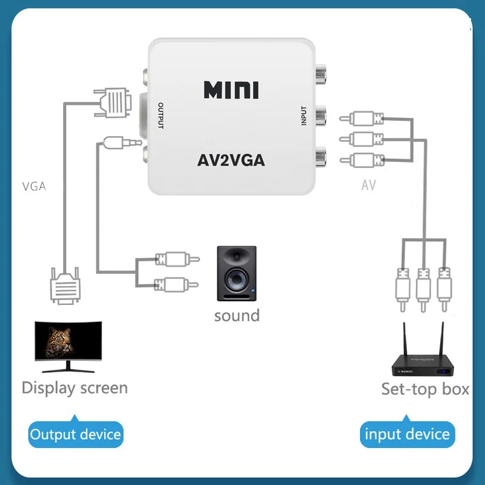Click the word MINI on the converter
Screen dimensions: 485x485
(231, 90)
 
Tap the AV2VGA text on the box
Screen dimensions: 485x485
(231, 161)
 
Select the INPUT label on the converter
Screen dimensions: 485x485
(304, 116)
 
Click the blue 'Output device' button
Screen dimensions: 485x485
(76, 434)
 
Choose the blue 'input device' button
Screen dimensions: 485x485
(407, 434)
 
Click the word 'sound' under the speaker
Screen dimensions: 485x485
(236, 315)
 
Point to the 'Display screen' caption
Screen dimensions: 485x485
(75, 388)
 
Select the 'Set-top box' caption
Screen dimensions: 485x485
(425, 389)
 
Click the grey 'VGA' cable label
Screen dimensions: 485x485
(33, 186)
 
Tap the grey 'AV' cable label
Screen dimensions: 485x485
(369, 185)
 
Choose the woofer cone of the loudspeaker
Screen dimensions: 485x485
(236, 279)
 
